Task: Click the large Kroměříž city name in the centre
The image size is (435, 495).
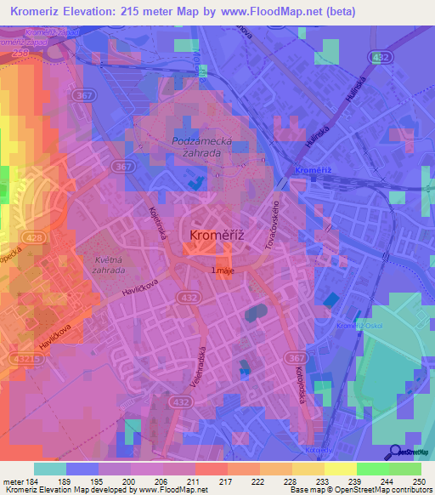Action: (217, 235)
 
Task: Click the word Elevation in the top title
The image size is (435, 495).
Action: (92, 11)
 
